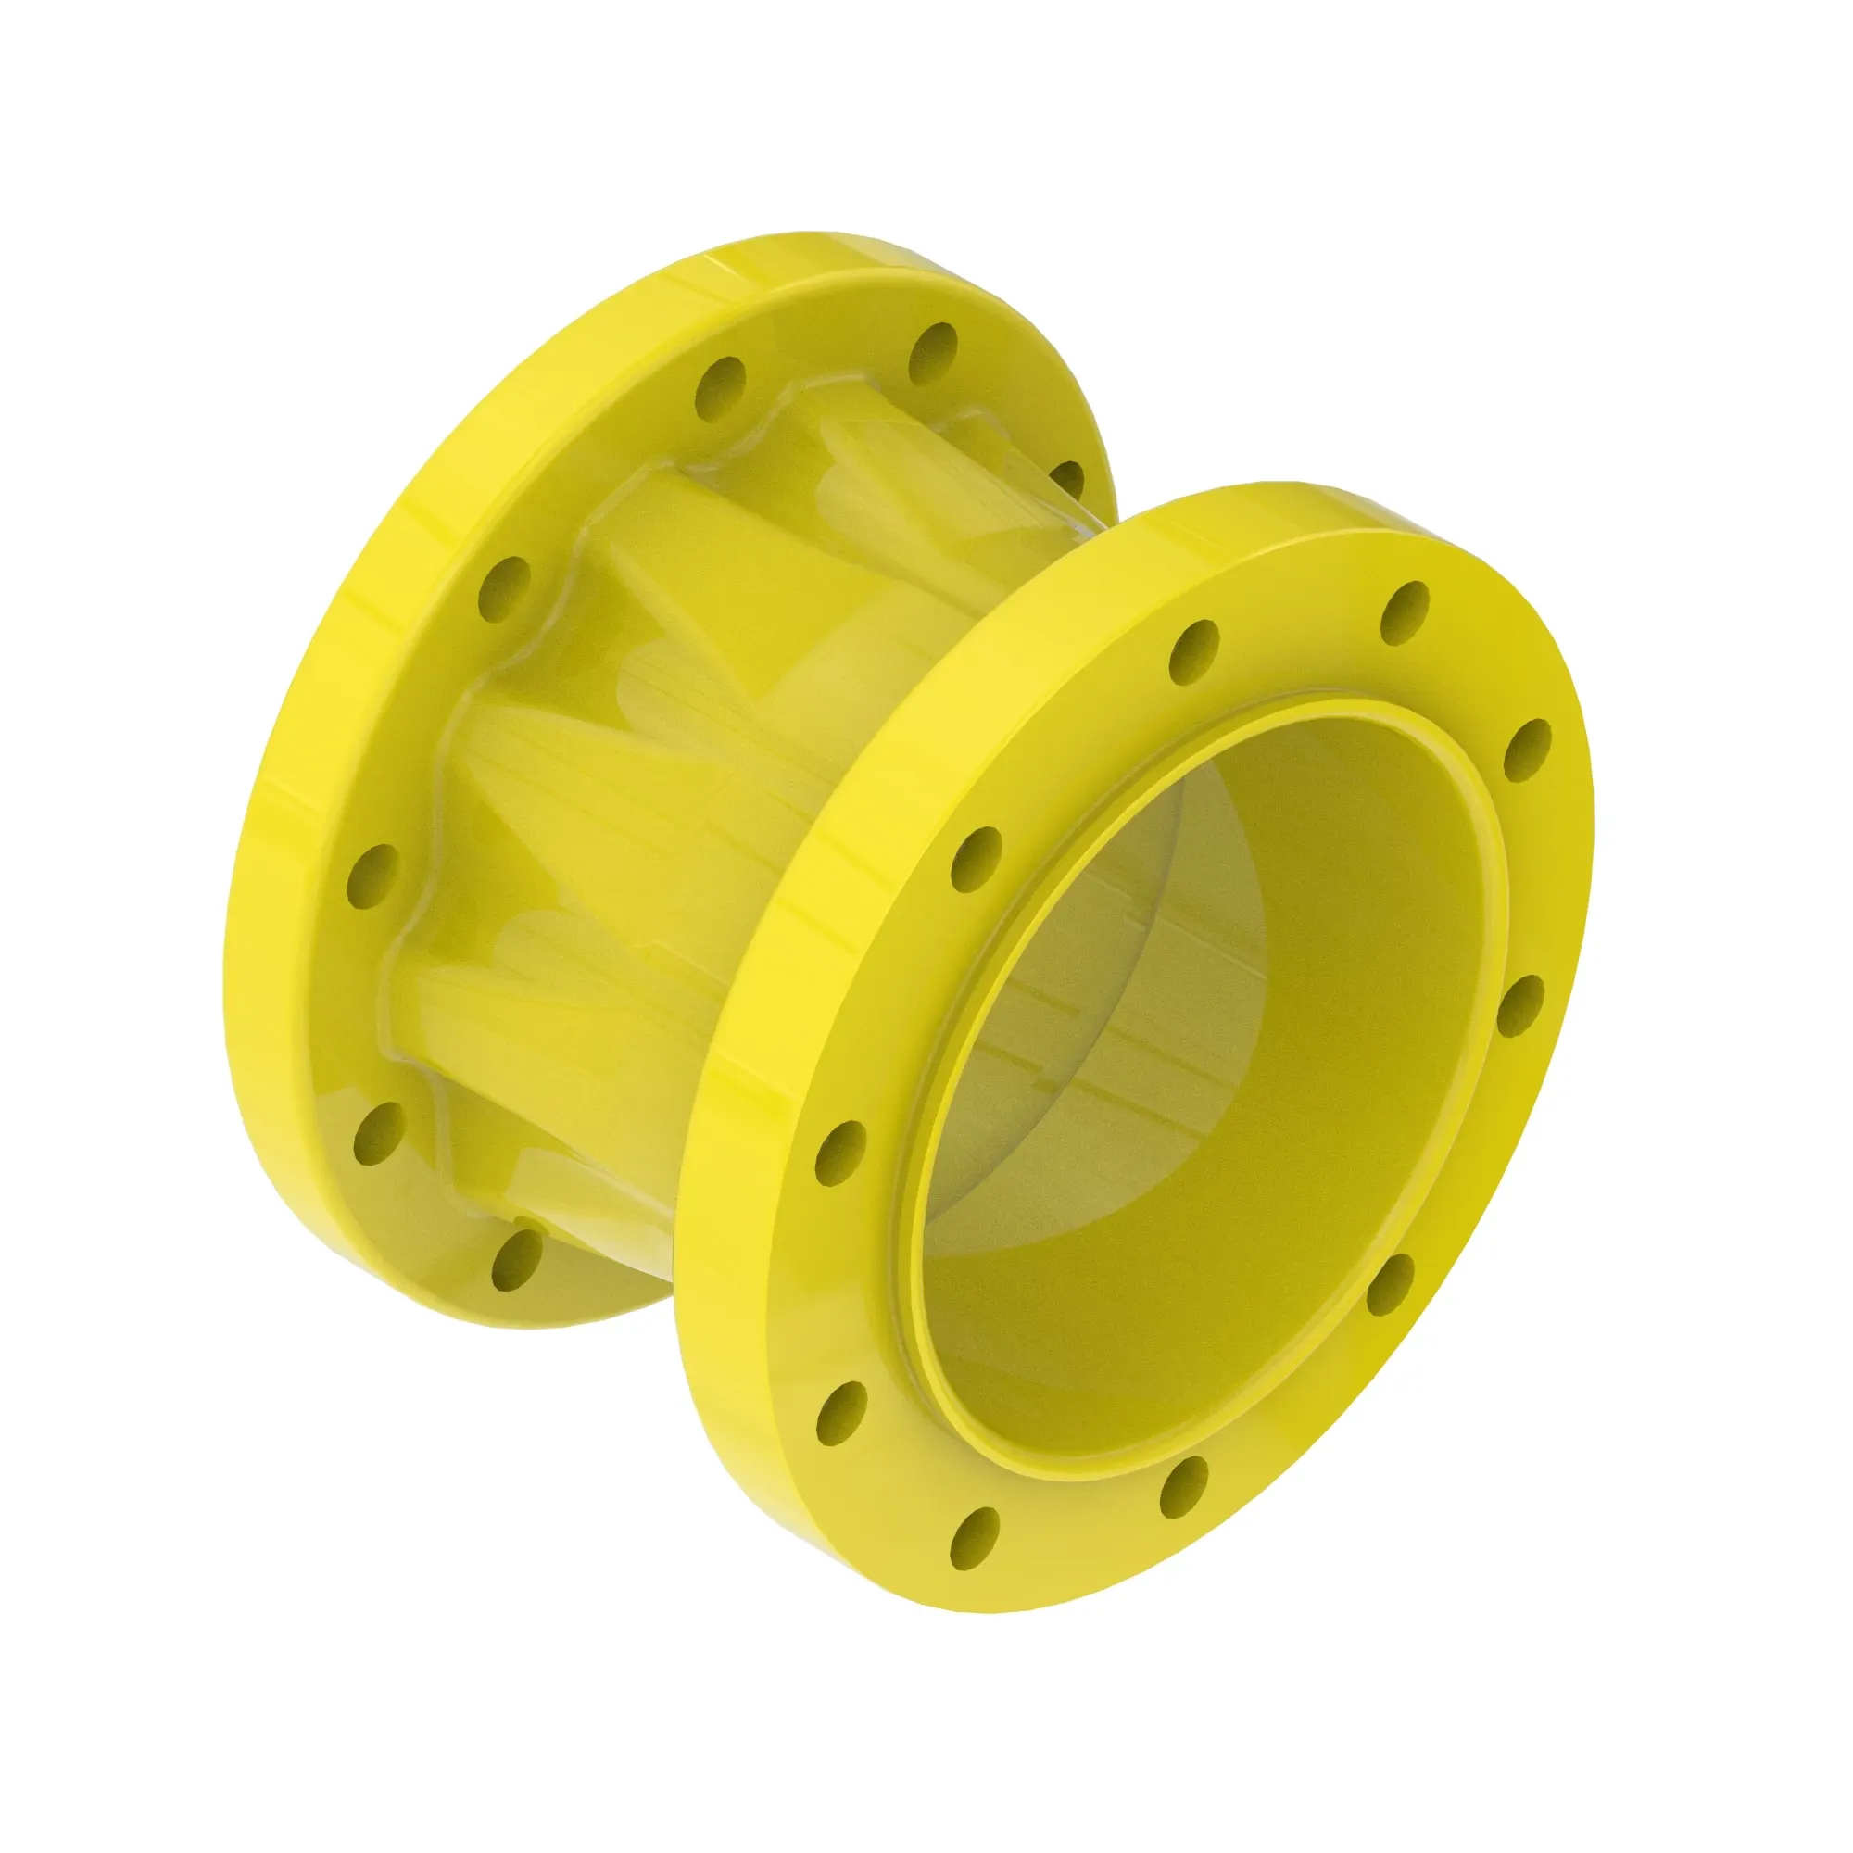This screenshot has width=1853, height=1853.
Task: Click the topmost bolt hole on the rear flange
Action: click(x=933, y=353)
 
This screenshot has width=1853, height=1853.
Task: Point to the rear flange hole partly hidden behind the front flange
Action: click(x=1065, y=480)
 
